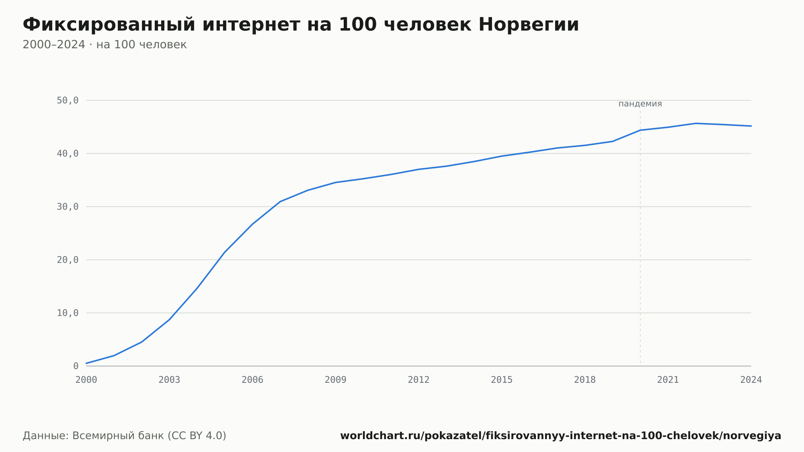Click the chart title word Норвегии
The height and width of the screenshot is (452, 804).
pos(529,25)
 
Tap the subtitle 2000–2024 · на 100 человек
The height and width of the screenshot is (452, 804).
pos(105,45)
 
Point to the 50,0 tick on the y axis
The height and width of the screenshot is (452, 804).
pos(68,101)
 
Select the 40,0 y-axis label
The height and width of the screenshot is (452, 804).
pos(68,154)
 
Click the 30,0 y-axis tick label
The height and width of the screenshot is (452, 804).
pos(68,207)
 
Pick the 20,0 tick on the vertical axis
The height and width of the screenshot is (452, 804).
pos(68,260)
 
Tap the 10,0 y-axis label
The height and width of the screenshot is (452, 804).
pos(68,313)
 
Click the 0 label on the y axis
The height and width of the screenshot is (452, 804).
pos(76,366)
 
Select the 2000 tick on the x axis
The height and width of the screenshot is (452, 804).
pos(86,380)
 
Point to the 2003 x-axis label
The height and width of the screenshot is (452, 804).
pos(169,380)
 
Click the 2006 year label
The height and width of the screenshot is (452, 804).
pos(252,380)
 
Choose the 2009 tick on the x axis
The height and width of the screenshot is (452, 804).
pos(336,380)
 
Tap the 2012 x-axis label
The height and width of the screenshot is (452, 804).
pos(419,380)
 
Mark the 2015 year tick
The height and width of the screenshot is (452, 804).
pos(502,380)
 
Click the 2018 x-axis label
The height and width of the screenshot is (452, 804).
pos(585,380)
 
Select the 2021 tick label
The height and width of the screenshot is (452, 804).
pos(668,380)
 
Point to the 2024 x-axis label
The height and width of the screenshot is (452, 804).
pos(751,380)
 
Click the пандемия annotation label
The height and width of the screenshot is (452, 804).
pos(640,104)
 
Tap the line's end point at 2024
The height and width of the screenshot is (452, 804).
pos(751,126)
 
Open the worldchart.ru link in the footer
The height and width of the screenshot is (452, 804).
pos(561,436)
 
